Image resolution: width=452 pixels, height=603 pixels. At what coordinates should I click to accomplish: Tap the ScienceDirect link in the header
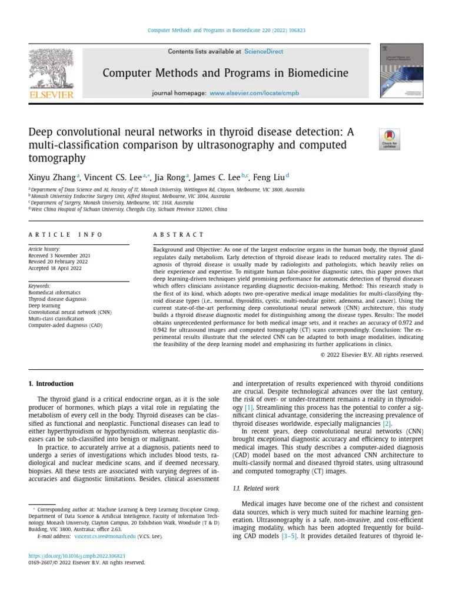pyautogui.click(x=263, y=51)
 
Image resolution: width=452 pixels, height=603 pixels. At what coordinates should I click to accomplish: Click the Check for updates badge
pyautogui.click(x=389, y=139)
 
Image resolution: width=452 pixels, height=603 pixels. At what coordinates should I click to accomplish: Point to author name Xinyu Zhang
pyautogui.click(x=51, y=177)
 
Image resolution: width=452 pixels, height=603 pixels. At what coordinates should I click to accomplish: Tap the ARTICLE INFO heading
pyautogui.click(x=65, y=234)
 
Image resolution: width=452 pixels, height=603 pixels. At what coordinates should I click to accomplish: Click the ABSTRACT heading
pyautogui.click(x=179, y=234)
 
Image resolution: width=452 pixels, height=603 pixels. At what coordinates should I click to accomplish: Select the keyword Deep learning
pyautogui.click(x=44, y=306)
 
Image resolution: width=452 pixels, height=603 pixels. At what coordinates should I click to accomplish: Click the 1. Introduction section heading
pyautogui.click(x=51, y=383)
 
